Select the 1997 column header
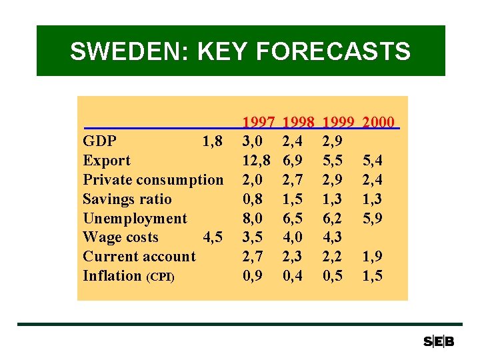(x=259, y=122)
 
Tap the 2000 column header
(x=378, y=122)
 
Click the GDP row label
(x=100, y=141)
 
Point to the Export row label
(x=107, y=161)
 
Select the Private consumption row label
(x=153, y=180)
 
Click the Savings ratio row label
(x=127, y=199)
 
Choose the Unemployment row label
(x=135, y=219)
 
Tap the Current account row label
(x=139, y=257)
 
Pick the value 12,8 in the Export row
(x=257, y=161)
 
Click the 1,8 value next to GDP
(x=212, y=141)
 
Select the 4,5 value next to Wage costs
(x=212, y=237)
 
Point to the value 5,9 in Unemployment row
(x=373, y=219)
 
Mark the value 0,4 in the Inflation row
(x=293, y=276)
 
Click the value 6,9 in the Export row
(x=293, y=161)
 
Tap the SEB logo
(x=439, y=341)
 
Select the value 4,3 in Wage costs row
(x=333, y=237)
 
